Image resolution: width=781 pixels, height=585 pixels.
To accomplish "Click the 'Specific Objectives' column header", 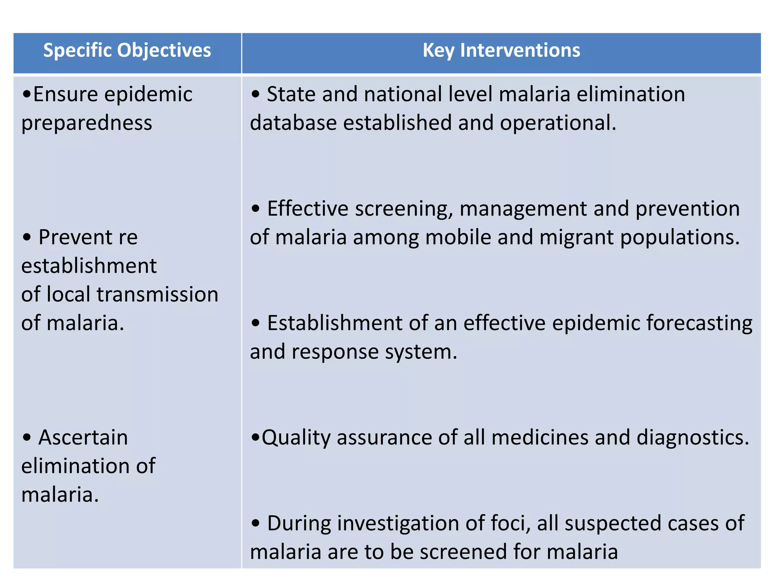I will (x=127, y=51).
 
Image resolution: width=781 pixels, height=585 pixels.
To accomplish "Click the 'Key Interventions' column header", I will (x=501, y=51).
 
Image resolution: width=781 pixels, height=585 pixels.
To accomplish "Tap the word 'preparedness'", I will (x=87, y=123).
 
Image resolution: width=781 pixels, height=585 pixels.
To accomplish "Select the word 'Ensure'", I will (x=65, y=94).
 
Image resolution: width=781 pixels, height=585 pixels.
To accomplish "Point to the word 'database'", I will (x=293, y=123).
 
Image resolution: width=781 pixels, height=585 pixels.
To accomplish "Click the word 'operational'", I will (x=557, y=123).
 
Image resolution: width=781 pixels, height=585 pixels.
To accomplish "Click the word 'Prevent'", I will (x=75, y=237).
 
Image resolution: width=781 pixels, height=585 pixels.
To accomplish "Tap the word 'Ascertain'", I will (x=83, y=437).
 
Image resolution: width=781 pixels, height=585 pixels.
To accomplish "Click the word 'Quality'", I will (x=296, y=438).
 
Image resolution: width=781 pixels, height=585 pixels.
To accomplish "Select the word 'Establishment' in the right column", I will (x=335, y=323).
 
